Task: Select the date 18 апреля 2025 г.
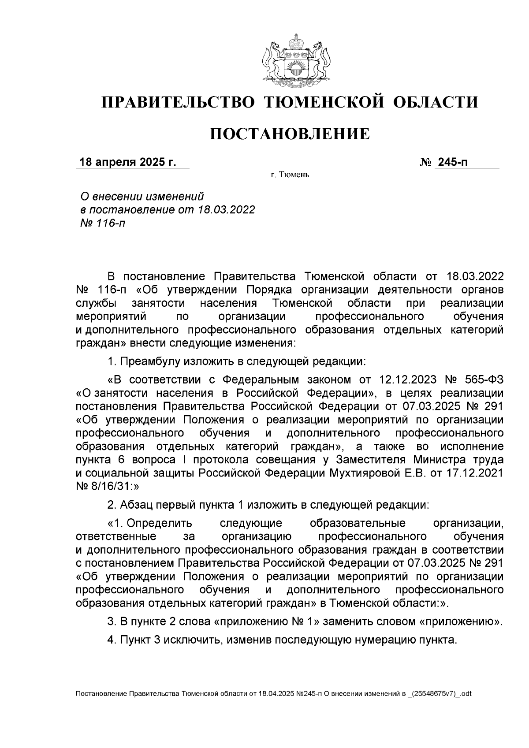coord(127,162)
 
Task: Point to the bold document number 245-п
coord(452,162)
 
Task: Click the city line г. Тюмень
coord(290,175)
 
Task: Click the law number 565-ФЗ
coord(484,380)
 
